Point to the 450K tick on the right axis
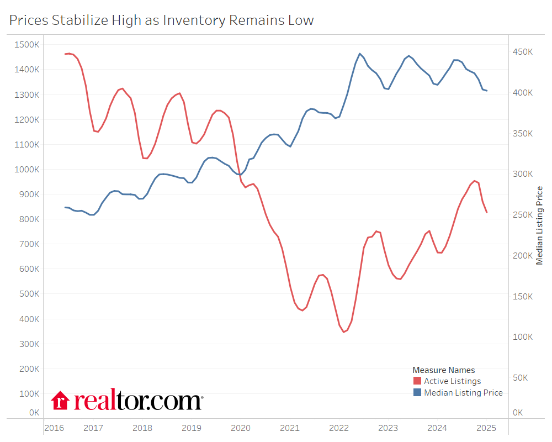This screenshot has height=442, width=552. pos(522,51)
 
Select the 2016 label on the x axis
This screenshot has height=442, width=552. pos(54,428)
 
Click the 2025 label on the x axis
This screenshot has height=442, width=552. pos(486,428)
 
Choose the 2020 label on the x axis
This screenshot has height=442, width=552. pos(241,428)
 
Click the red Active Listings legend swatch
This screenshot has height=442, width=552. pos(417,381)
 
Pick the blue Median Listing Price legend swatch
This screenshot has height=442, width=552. pos(417,393)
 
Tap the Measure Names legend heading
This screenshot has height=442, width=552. pos(443,370)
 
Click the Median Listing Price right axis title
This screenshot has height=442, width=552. pos(540,225)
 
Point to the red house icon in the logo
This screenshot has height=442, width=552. pos(60,401)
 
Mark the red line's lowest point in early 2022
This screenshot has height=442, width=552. pos(343,332)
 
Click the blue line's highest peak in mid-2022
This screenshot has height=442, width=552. pos(360,54)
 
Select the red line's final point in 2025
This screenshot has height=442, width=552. pos(487,213)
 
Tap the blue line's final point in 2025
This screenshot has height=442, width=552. pos(487,91)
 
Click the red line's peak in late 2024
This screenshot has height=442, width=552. pos(474,181)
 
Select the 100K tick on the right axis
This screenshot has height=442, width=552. pos(522,337)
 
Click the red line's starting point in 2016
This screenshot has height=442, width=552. pos(65,54)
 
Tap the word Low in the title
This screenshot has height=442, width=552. pos(301,20)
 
